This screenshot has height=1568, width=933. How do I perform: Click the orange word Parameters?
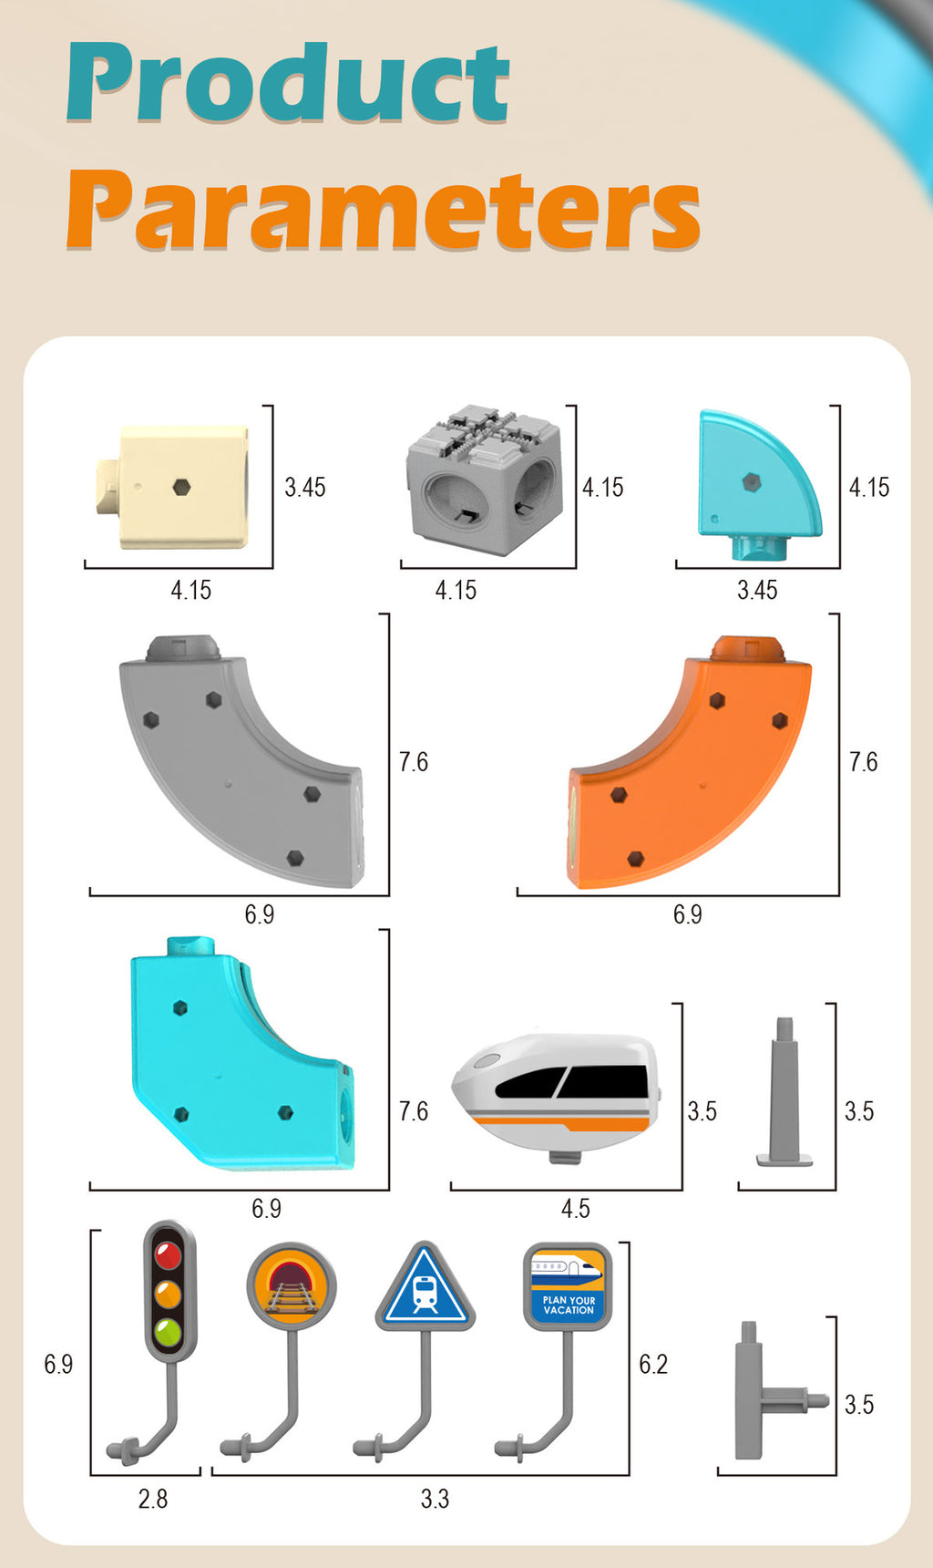tap(383, 211)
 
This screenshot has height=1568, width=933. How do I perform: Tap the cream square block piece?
tap(173, 487)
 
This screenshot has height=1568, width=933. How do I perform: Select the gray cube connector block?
tap(482, 480)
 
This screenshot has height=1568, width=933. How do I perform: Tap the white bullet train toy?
tap(555, 1095)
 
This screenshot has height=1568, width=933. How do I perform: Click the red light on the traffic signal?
tap(169, 1255)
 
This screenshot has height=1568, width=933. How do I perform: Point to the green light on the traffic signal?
tap(169, 1333)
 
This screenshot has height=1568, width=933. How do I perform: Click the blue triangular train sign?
tap(425, 1286)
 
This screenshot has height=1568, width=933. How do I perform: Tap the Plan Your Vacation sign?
tap(567, 1286)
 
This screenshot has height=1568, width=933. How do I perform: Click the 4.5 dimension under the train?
tap(575, 1209)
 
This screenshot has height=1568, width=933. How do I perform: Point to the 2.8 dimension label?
tap(152, 1499)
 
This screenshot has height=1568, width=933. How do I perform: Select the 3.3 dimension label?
tap(435, 1499)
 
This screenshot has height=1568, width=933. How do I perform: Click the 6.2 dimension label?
tap(653, 1364)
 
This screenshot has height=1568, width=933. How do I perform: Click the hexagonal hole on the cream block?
tap(181, 487)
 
